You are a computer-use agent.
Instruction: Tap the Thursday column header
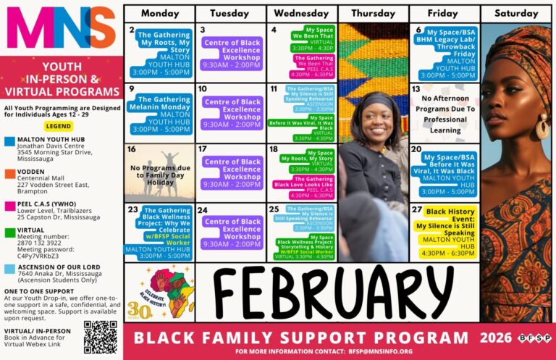(x=373, y=14)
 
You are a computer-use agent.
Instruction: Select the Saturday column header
(x=516, y=14)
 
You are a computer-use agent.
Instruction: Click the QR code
(x=100, y=337)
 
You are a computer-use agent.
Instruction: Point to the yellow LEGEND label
(x=59, y=125)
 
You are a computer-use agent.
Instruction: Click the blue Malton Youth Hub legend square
(x=9, y=141)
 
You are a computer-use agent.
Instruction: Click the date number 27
(x=417, y=209)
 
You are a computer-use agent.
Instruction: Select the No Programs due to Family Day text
(x=159, y=173)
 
